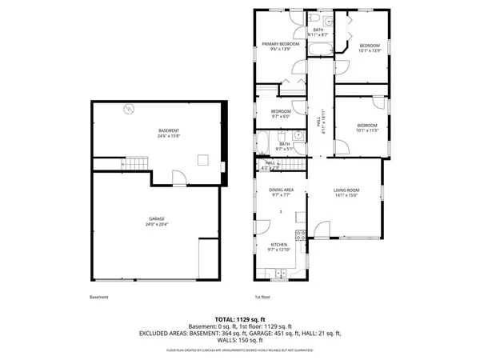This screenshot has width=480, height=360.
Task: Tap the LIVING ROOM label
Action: point(346,190)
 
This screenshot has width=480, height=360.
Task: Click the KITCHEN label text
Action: point(279,246)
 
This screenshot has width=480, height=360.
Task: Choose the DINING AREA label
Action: point(280,190)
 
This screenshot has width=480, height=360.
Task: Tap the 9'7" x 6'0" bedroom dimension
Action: point(280,117)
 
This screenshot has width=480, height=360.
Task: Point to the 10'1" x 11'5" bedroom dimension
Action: point(367,130)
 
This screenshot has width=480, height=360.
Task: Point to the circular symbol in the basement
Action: point(126,110)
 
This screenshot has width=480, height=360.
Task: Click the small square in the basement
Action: point(203,158)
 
